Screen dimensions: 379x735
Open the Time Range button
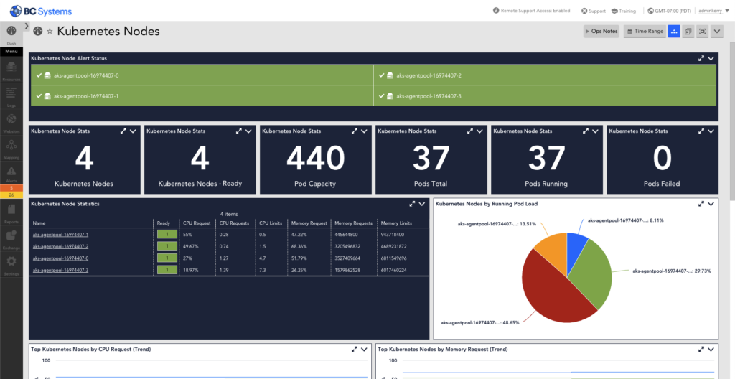(644, 32)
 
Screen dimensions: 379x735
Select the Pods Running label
(546, 184)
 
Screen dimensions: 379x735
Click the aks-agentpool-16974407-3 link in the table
(60, 270)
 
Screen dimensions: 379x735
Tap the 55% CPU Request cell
(188, 235)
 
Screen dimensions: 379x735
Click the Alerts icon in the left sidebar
(11, 175)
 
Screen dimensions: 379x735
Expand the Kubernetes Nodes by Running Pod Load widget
(701, 204)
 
